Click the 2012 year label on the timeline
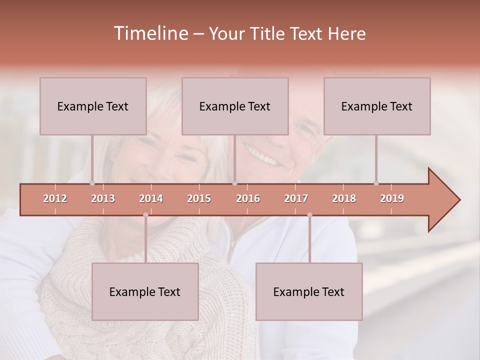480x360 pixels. [x=55, y=198]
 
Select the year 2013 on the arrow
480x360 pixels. [x=103, y=198]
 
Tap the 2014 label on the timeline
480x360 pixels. [x=151, y=198]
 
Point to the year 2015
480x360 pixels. [x=199, y=198]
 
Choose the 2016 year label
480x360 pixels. [x=248, y=198]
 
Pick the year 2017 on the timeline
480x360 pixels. [x=296, y=198]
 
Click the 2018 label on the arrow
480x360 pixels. [x=344, y=198]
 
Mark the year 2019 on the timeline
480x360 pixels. [x=392, y=198]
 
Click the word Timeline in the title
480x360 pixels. [x=150, y=33]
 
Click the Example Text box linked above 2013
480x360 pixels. [x=93, y=106]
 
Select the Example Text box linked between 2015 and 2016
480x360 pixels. [x=235, y=106]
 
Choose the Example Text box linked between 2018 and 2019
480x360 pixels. [x=377, y=106]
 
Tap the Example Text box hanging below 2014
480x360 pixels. [x=145, y=291]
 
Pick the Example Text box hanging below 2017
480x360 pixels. [x=309, y=291]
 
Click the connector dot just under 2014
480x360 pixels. [x=145, y=215]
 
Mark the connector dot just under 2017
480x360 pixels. [x=309, y=215]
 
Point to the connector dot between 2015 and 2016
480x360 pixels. [x=234, y=183]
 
